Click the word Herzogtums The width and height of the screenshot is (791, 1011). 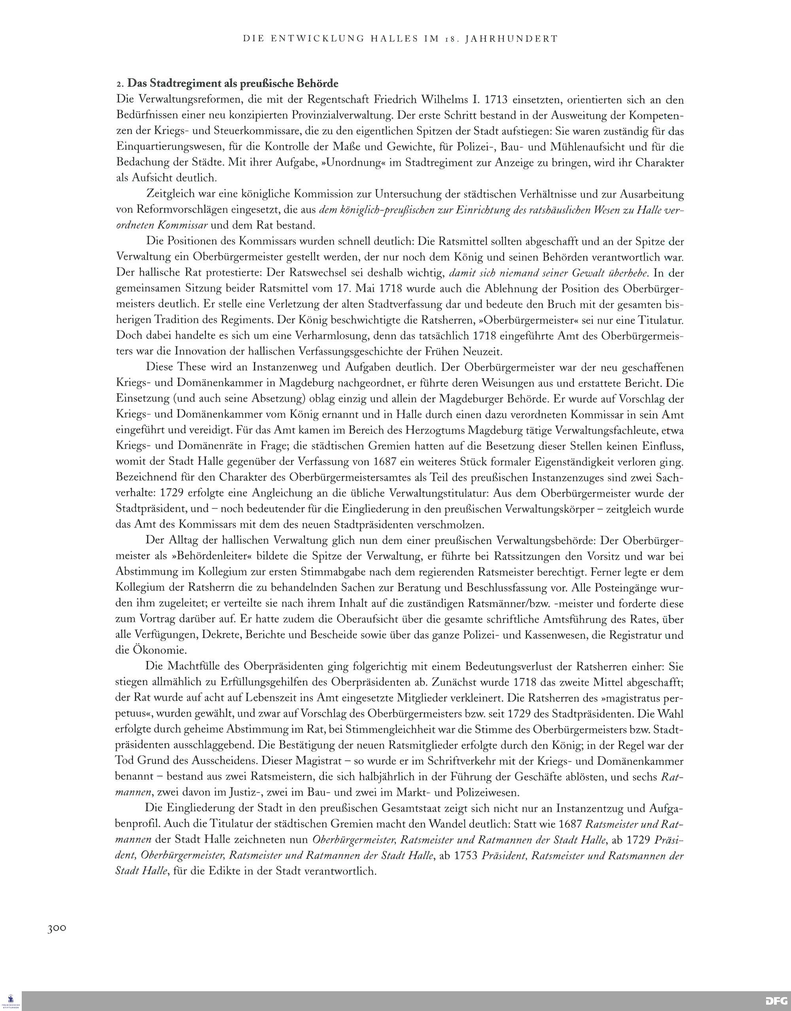click(439, 431)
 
